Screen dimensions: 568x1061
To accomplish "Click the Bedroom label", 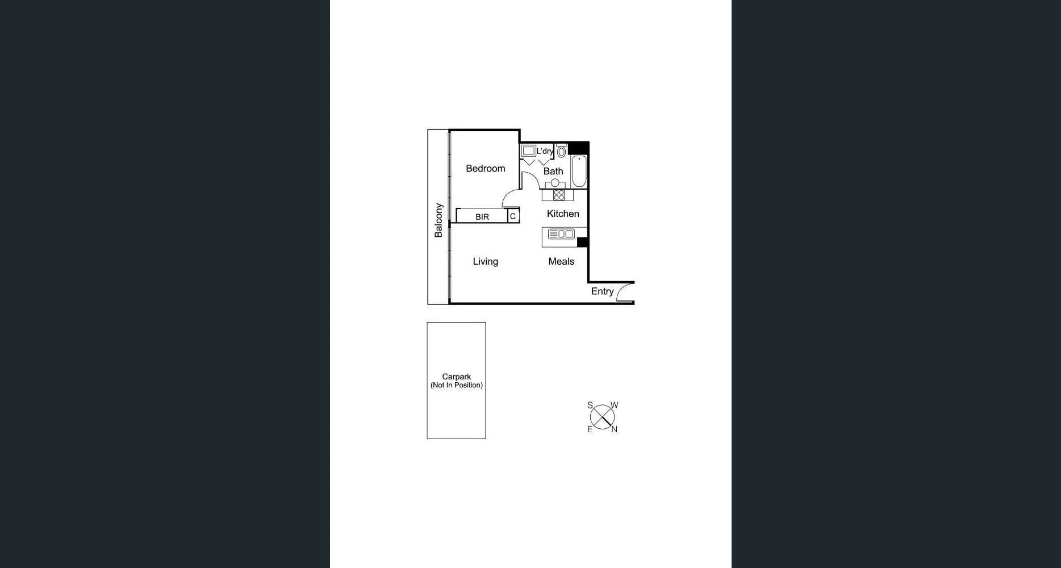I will pyautogui.click(x=485, y=168).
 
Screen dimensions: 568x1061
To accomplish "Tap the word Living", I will pyautogui.click(x=485, y=261).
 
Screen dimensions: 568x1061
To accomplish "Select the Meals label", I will pyautogui.click(x=561, y=261).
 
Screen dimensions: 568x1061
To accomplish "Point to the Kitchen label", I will pyautogui.click(x=563, y=214).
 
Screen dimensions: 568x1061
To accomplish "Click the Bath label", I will pyautogui.click(x=553, y=171).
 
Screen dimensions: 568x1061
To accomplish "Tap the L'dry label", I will pyautogui.click(x=545, y=151).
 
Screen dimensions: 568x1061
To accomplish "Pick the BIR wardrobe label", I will pyautogui.click(x=482, y=217).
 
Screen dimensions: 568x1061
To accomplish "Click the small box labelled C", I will pyautogui.click(x=513, y=216).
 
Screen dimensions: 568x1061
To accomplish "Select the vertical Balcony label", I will pyautogui.click(x=438, y=220).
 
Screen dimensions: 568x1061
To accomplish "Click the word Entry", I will pyautogui.click(x=602, y=291).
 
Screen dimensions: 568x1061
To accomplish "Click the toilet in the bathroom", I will pyautogui.click(x=561, y=151).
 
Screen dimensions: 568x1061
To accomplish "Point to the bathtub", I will pyautogui.click(x=579, y=171).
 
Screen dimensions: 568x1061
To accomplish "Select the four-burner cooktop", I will pyautogui.click(x=559, y=195).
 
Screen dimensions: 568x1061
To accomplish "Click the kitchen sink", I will pyautogui.click(x=561, y=234).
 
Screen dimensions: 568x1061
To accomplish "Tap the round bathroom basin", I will pyautogui.click(x=555, y=183).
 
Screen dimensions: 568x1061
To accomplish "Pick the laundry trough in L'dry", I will pyautogui.click(x=529, y=151).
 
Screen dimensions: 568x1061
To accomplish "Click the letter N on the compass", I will pyautogui.click(x=614, y=430).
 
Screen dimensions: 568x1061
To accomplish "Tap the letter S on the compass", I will pyautogui.click(x=590, y=406).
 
